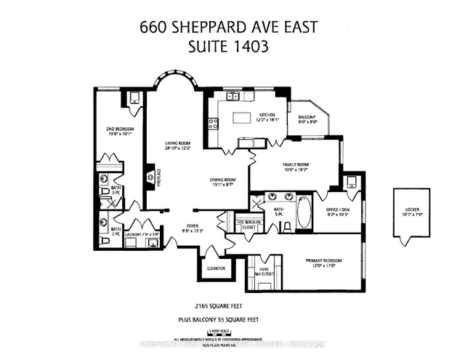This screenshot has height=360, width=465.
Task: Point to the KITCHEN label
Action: tap(267, 116)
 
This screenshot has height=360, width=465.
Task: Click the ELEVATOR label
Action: tap(217, 268)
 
